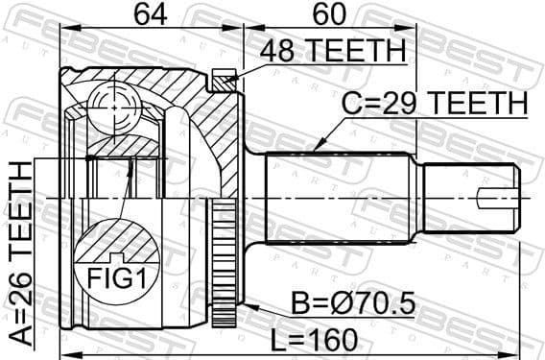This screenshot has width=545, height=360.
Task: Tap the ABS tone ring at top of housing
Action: [x=225, y=81]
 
